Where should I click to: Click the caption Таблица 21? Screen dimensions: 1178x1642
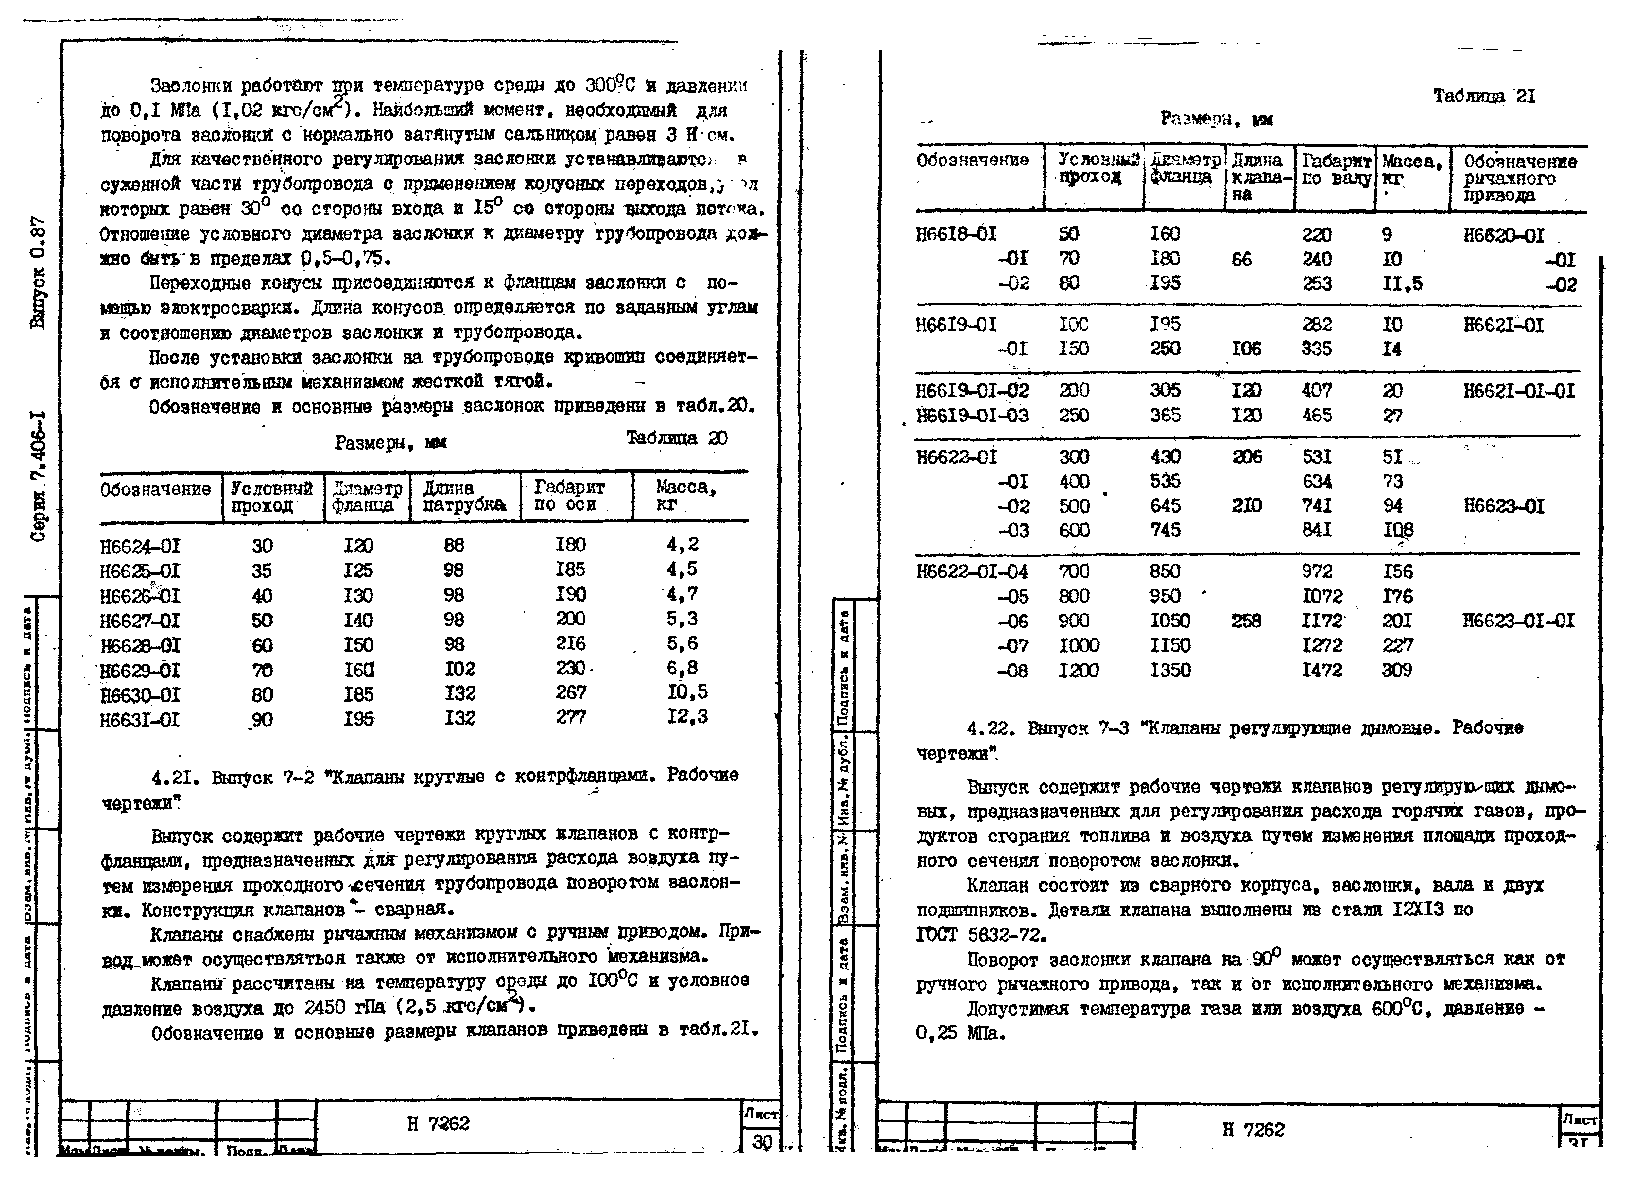coord(1484,96)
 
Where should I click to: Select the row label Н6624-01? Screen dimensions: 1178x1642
coord(140,546)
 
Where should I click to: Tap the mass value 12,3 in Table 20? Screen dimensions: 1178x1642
coord(687,716)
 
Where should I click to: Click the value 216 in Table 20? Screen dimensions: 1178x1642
coord(571,643)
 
